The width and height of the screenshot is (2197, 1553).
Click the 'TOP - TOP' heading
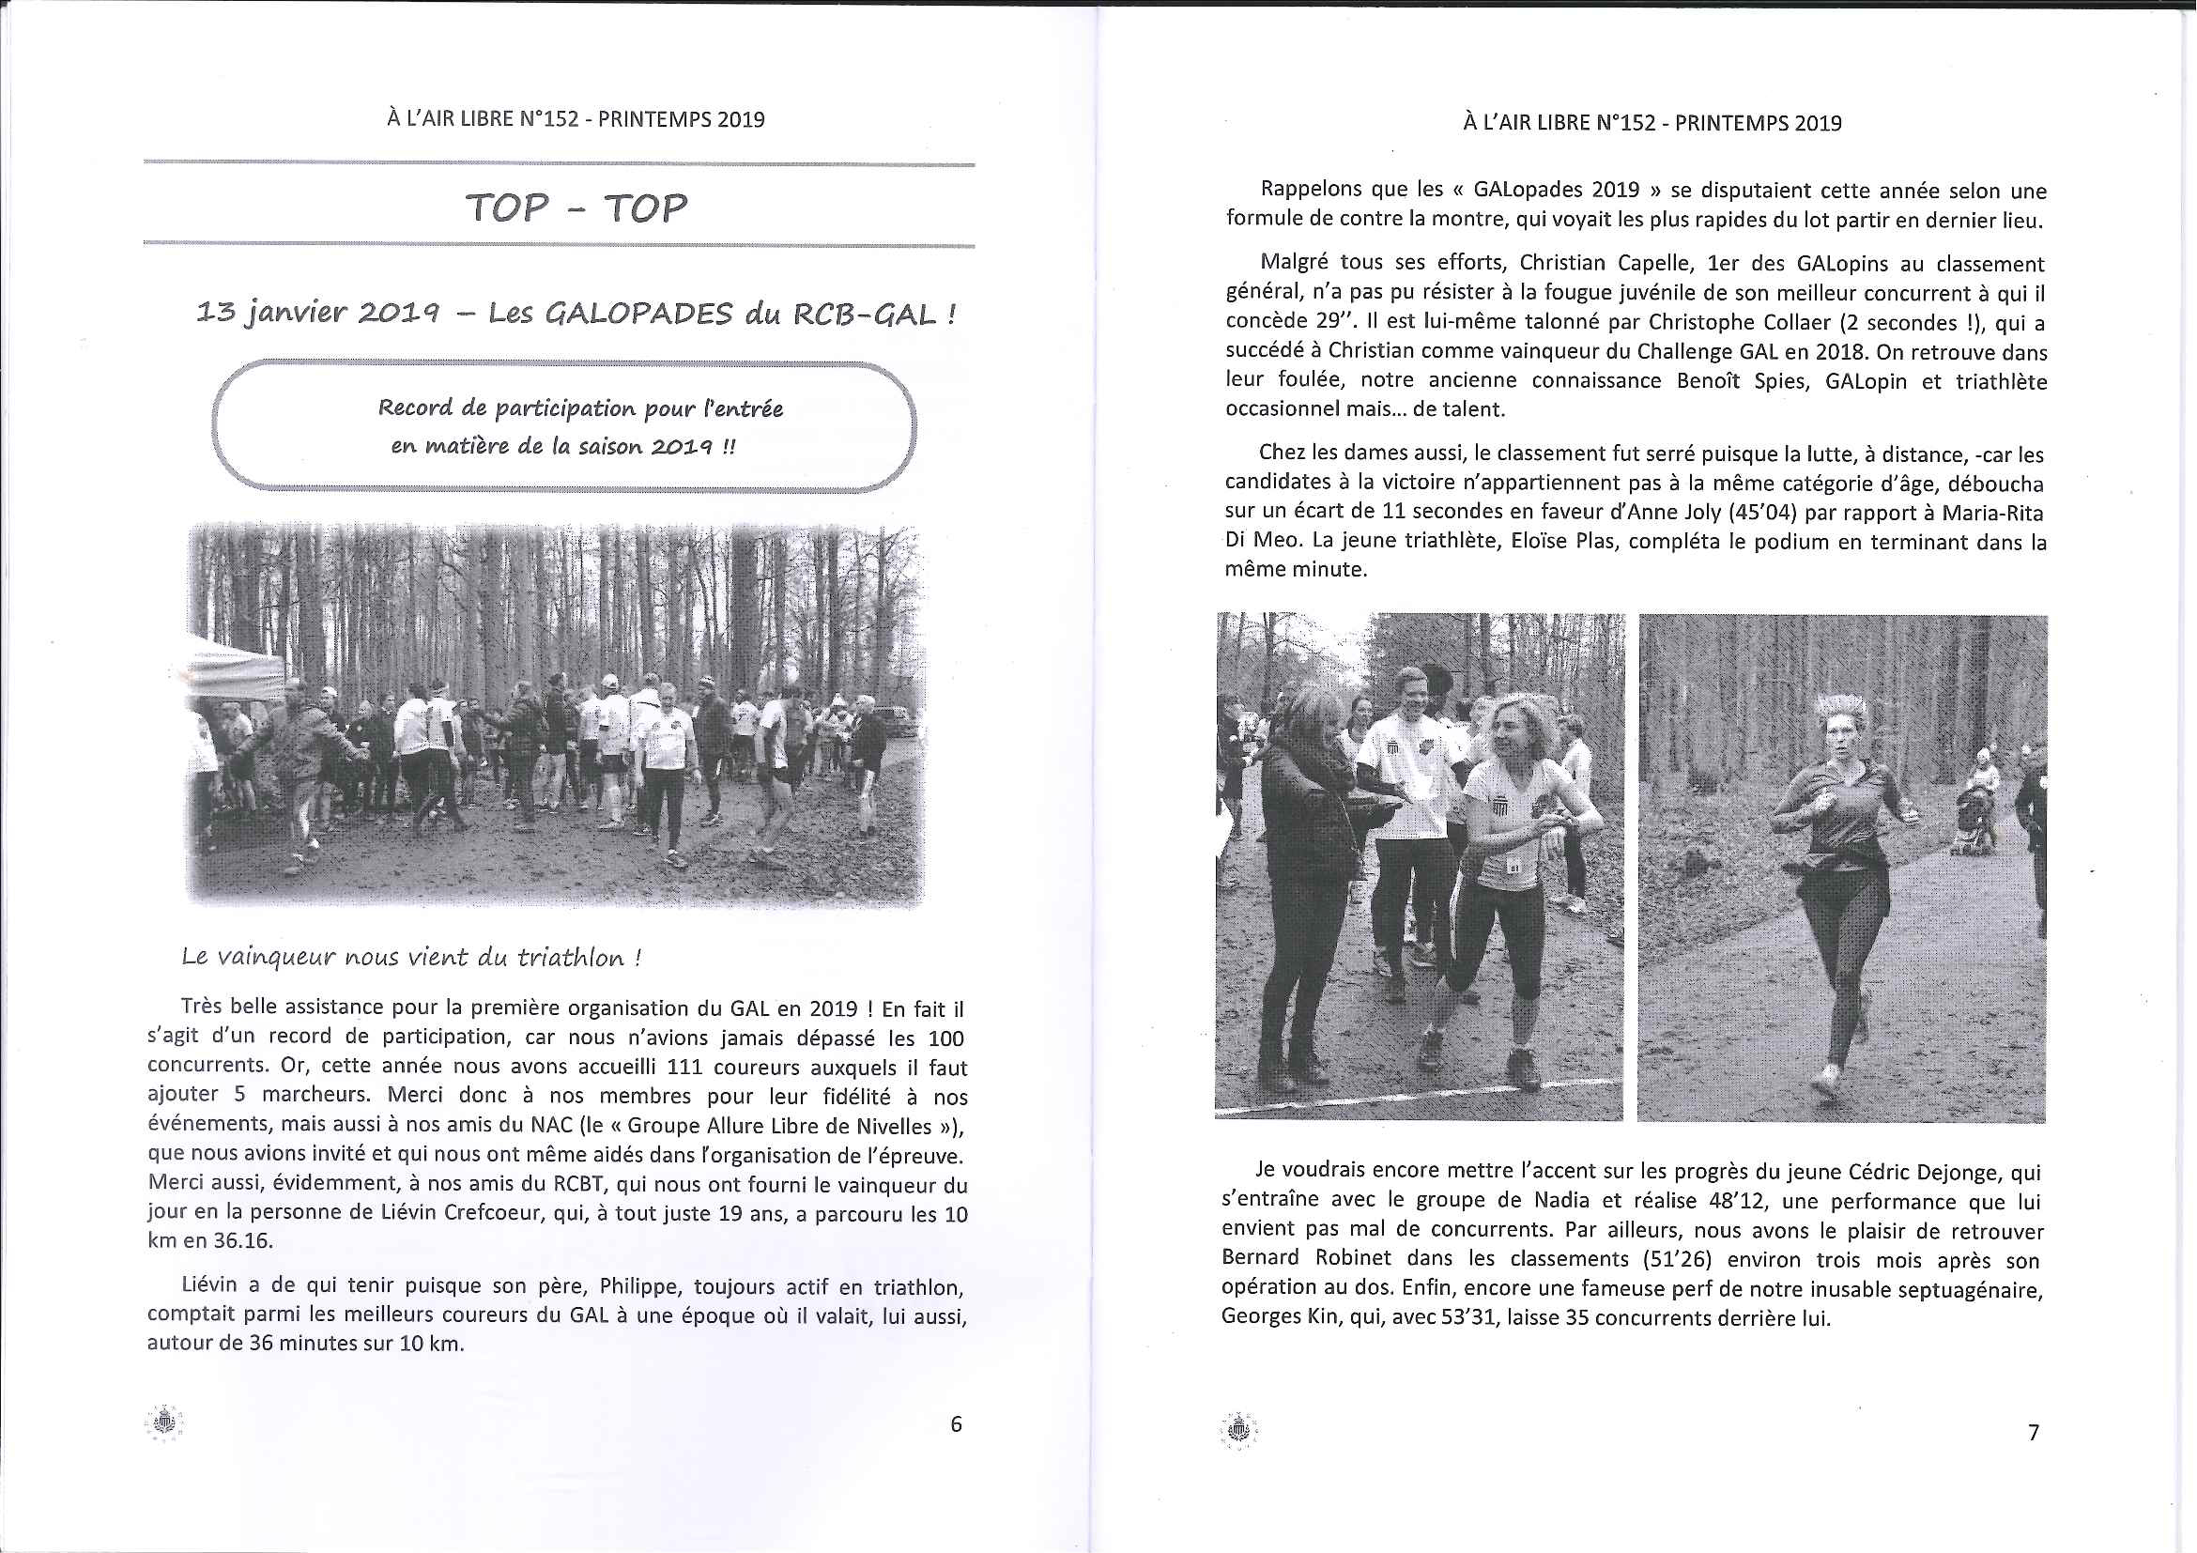pyautogui.click(x=576, y=208)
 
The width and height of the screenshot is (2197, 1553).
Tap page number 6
pyautogui.click(x=955, y=1423)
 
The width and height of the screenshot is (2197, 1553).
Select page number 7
pyautogui.click(x=2034, y=1432)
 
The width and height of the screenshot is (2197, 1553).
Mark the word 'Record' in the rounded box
pyautogui.click(x=416, y=408)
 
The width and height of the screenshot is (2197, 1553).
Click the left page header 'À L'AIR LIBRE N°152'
pyautogui.click(x=482, y=119)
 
